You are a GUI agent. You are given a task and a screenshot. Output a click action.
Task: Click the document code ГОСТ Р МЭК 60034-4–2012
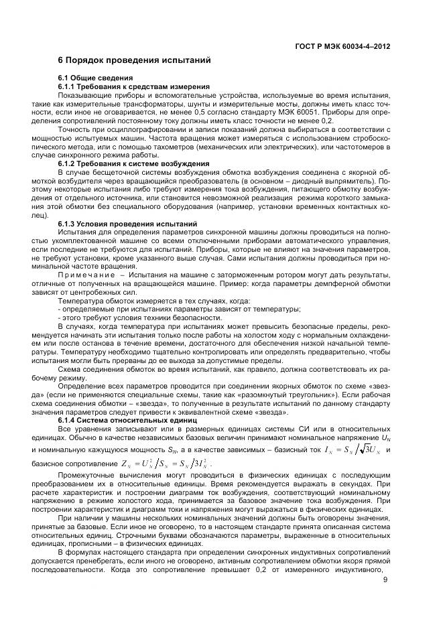click(342, 47)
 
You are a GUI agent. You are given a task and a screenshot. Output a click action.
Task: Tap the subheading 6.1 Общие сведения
click(89, 78)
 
